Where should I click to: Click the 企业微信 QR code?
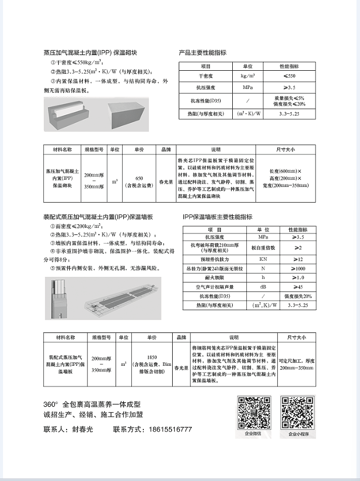254,412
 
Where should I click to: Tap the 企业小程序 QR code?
298,412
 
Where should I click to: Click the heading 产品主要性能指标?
202,53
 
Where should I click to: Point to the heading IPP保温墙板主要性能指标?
217,217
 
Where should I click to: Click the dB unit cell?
263,286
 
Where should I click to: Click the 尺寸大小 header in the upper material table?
285,150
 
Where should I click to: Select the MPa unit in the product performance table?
247,87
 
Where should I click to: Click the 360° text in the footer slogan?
52,405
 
